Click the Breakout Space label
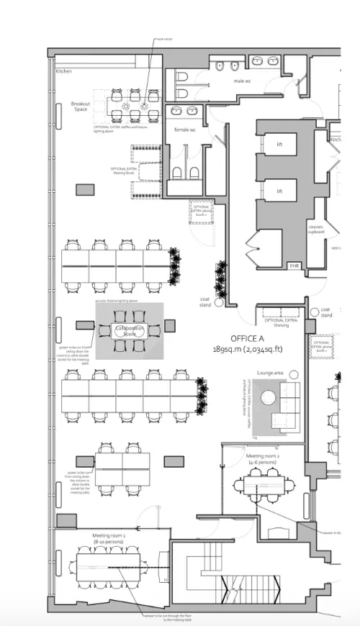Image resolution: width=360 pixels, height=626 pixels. click(81, 107)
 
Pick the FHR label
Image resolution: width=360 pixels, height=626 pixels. click(294, 265)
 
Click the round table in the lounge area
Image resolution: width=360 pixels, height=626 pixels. click(269, 399)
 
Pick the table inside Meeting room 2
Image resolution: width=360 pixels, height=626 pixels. click(264, 487)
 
